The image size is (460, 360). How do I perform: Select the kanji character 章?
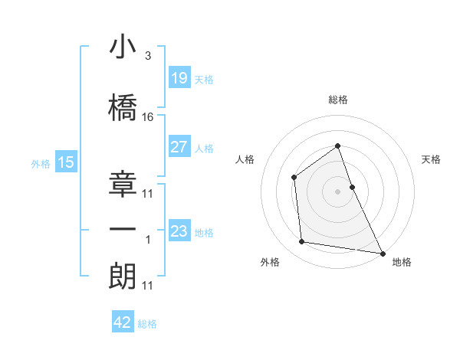[123, 181]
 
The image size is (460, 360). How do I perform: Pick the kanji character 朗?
[123, 273]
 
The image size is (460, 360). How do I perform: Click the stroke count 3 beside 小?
[147, 56]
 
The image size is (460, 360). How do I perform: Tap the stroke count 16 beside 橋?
[148, 116]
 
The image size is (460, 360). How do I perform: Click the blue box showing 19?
[179, 78]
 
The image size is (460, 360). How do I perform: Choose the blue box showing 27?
[179, 147]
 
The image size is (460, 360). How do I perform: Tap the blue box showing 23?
[179, 231]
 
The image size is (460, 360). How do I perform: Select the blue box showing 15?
[65, 162]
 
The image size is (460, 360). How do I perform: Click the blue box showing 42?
[123, 322]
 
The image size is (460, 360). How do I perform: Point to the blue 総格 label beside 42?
[147, 324]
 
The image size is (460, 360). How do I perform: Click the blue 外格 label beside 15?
[40, 163]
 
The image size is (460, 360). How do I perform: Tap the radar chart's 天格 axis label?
[432, 159]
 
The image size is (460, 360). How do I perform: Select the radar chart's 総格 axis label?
[338, 100]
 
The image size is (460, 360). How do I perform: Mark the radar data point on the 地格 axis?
[383, 253]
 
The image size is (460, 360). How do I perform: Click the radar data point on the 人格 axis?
[294, 178]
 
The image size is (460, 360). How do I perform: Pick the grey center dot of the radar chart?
[338, 191]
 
